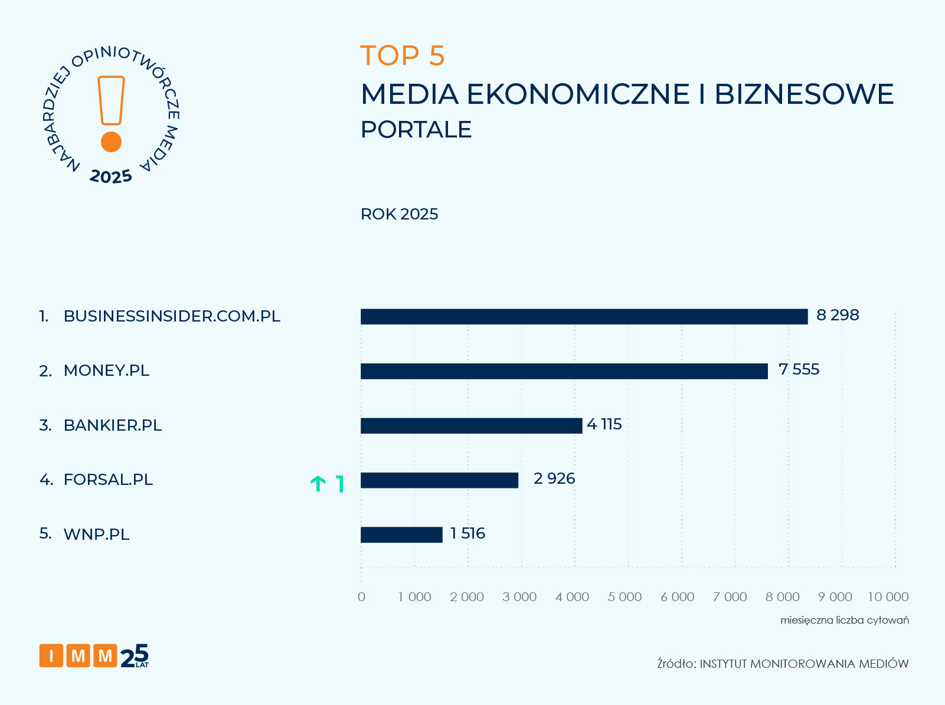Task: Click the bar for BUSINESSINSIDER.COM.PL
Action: click(x=584, y=317)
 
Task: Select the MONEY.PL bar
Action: click(x=564, y=371)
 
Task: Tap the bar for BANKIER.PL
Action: click(x=471, y=425)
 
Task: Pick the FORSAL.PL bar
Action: click(x=439, y=480)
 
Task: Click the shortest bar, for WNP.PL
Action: click(x=401, y=535)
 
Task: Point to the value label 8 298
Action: click(x=837, y=315)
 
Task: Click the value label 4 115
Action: click(x=604, y=424)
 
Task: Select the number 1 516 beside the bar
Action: click(x=467, y=533)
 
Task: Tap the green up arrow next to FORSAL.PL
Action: click(x=318, y=484)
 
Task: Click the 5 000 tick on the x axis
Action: click(x=624, y=596)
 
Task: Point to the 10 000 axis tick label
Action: click(x=888, y=596)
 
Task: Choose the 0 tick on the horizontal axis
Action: click(x=361, y=596)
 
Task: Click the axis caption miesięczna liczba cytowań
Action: click(x=844, y=620)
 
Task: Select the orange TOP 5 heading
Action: click(x=402, y=55)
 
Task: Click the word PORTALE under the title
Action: click(x=416, y=130)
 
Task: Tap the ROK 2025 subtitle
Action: click(x=399, y=214)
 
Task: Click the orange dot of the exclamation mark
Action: click(x=111, y=142)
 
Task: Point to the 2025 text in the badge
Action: click(x=111, y=176)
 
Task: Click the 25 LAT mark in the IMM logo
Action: click(x=135, y=656)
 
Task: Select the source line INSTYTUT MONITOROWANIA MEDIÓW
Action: click(x=783, y=664)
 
